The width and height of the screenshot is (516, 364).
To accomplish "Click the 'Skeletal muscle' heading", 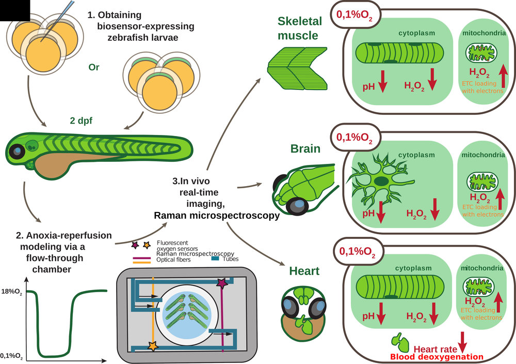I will tap(299, 28).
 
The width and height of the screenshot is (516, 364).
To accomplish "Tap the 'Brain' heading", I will tap(305, 149).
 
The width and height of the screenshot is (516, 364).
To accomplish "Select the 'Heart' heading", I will tap(304, 271).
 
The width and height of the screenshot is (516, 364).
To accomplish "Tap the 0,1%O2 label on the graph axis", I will tap(11, 355).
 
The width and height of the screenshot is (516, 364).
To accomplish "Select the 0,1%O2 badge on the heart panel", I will tap(357, 252).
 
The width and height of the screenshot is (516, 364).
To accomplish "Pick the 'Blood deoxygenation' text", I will tap(437, 357).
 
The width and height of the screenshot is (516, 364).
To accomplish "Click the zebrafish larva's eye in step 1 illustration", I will tap(18, 150).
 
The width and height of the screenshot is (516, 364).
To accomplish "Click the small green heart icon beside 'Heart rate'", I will tap(399, 341).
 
